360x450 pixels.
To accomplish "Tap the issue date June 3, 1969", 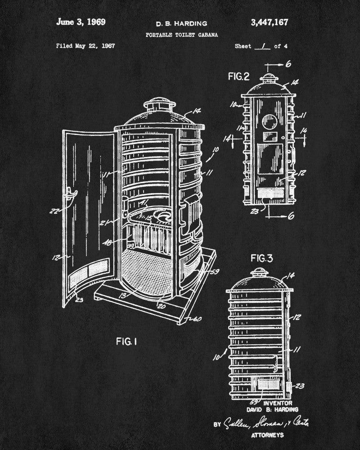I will coord(81,22).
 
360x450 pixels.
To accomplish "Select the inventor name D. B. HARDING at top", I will coord(175,23).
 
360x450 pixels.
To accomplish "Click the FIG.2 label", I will coord(238,76).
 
